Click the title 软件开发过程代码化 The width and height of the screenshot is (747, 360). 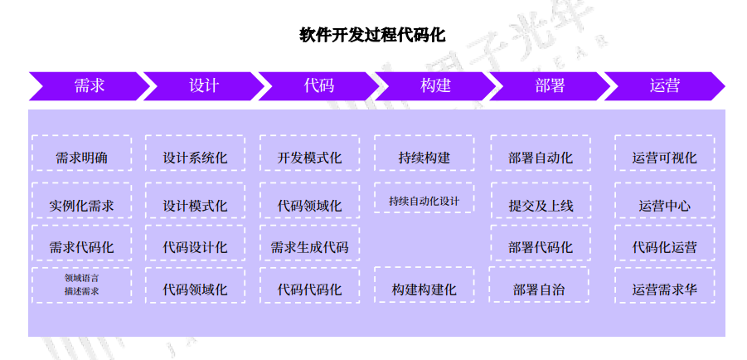(x=372, y=36)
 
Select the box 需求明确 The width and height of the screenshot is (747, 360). (x=81, y=158)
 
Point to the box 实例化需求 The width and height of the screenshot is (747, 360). (x=81, y=205)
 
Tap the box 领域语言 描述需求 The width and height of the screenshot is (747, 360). (x=81, y=285)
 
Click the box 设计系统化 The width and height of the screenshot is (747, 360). (x=195, y=158)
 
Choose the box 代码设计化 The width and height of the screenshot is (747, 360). (x=195, y=246)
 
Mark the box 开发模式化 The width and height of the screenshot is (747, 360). (x=309, y=158)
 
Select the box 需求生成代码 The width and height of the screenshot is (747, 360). (x=309, y=246)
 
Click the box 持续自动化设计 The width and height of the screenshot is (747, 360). (x=424, y=200)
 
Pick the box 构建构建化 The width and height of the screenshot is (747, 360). (x=424, y=289)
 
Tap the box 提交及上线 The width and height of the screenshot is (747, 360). (x=541, y=205)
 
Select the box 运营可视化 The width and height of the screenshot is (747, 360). (x=664, y=158)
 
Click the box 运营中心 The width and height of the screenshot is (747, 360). (x=664, y=205)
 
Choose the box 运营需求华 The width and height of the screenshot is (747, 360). (x=664, y=289)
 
